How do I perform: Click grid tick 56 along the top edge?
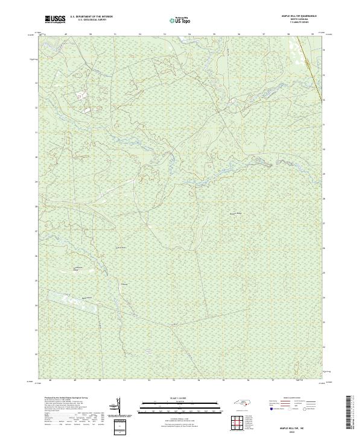click(x=239, y=34)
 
